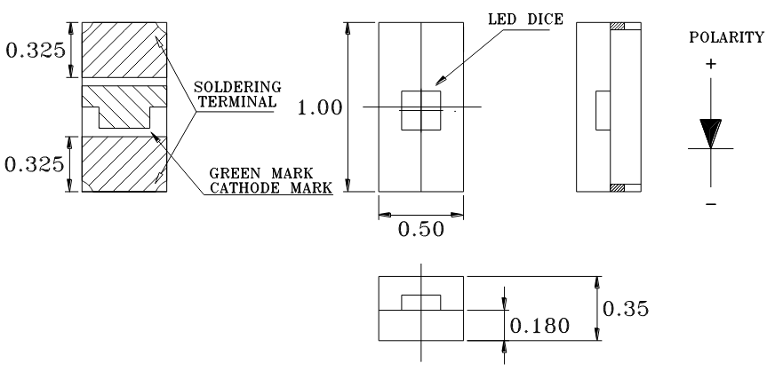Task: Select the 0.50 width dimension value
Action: click(x=421, y=229)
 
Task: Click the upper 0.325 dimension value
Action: click(x=34, y=49)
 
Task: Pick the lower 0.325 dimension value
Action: click(x=34, y=164)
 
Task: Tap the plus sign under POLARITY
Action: click(x=710, y=64)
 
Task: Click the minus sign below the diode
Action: click(x=710, y=206)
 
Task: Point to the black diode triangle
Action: click(x=710, y=134)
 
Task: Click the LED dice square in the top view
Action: click(x=421, y=109)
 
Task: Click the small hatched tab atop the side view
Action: click(x=619, y=26)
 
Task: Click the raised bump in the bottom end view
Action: click(x=421, y=302)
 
